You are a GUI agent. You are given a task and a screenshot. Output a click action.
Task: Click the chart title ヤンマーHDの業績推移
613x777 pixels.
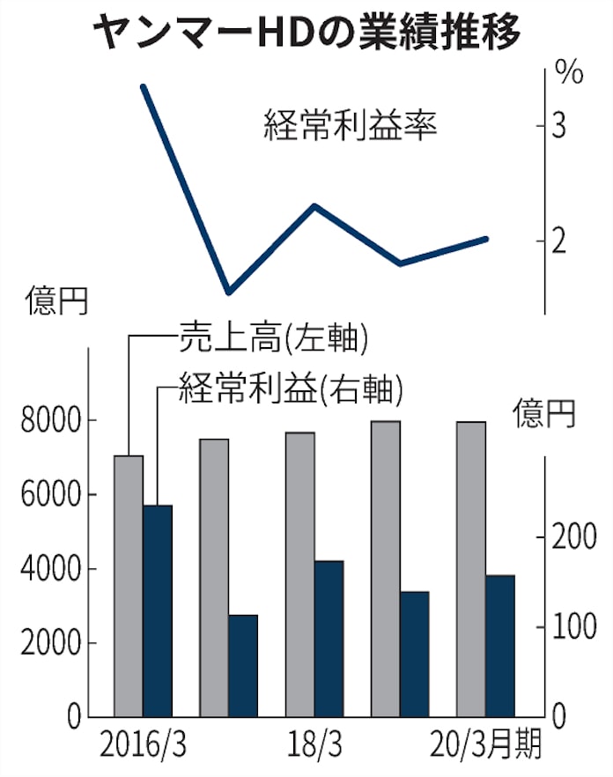click(x=306, y=33)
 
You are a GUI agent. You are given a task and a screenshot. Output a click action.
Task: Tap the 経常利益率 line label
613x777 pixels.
click(x=351, y=126)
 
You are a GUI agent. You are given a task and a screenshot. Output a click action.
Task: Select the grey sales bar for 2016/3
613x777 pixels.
click(x=129, y=586)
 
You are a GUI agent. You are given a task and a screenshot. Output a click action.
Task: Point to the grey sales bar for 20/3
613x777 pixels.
click(x=471, y=569)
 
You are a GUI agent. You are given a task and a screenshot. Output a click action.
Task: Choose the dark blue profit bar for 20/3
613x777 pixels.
click(x=500, y=646)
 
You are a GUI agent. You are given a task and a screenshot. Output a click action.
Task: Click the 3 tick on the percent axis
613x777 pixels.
click(x=559, y=127)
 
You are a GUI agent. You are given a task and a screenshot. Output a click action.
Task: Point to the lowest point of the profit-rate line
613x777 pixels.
click(x=227, y=291)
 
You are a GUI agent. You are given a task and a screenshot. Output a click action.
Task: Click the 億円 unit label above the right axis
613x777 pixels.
click(x=545, y=412)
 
